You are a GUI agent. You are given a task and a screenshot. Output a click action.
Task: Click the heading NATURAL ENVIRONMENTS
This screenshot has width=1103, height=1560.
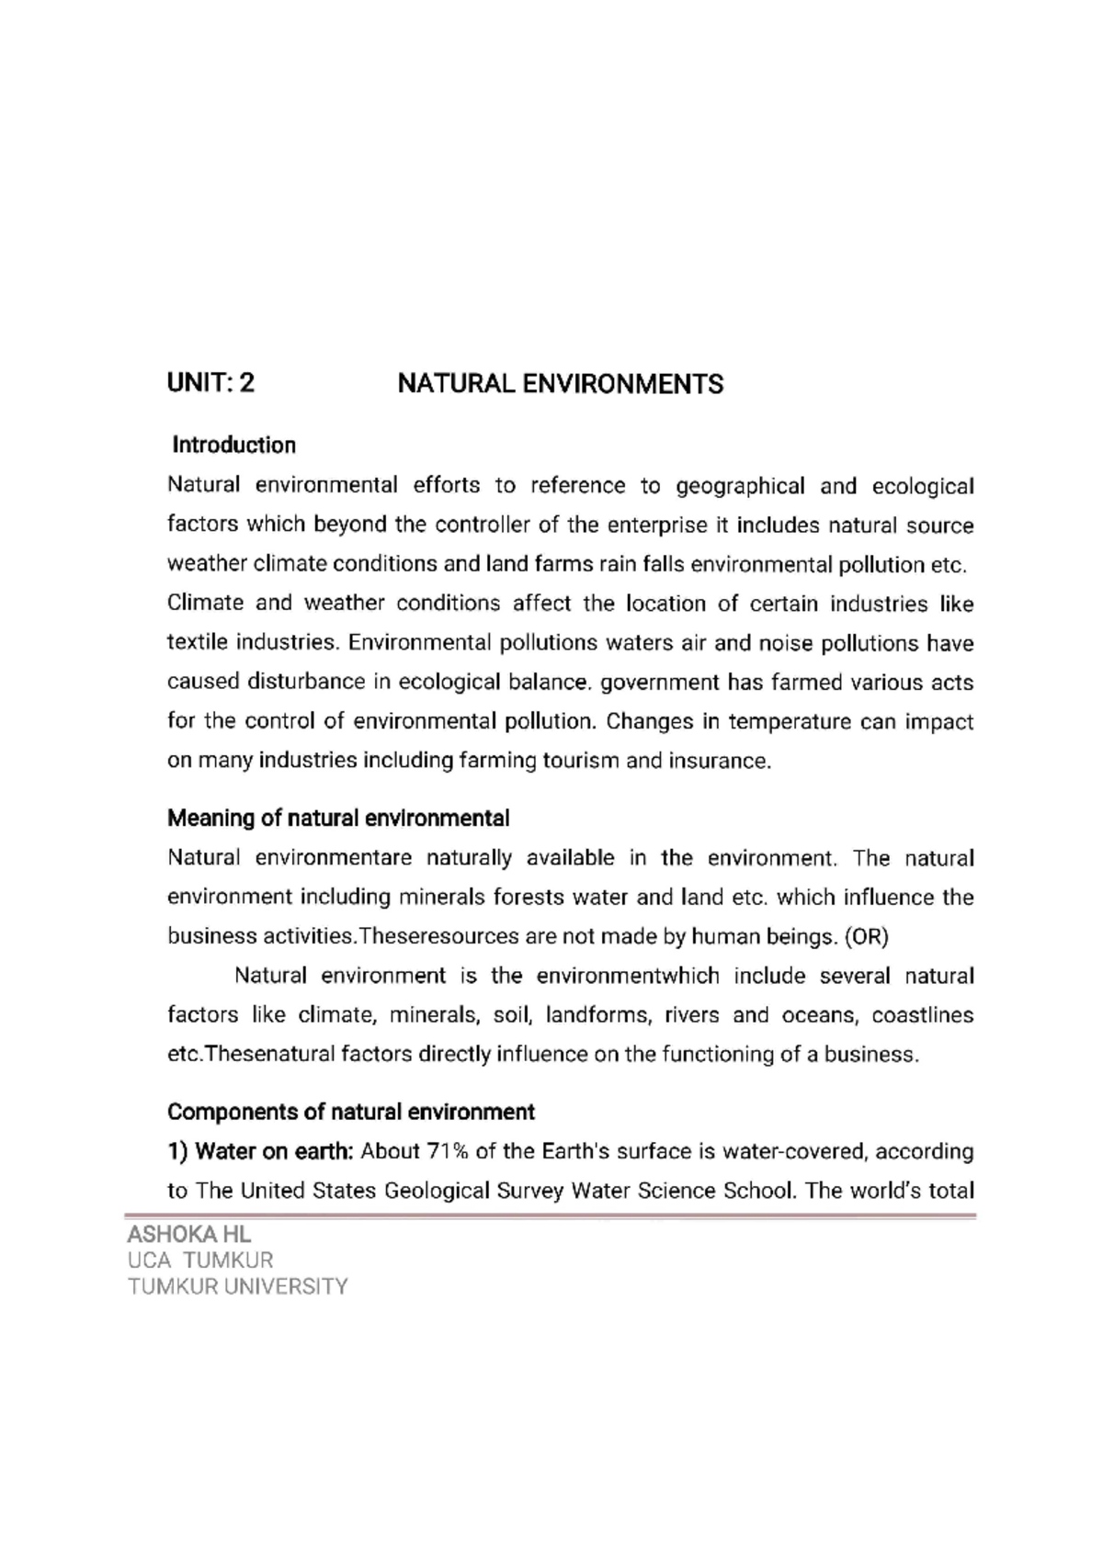(x=560, y=384)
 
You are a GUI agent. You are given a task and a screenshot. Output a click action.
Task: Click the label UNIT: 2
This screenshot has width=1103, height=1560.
(x=210, y=384)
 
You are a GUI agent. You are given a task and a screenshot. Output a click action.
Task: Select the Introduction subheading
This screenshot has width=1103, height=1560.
(x=234, y=446)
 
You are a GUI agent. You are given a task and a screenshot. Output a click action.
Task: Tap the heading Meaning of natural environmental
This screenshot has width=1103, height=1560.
(x=337, y=818)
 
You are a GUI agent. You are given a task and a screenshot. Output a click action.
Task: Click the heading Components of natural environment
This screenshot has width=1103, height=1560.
(x=350, y=1113)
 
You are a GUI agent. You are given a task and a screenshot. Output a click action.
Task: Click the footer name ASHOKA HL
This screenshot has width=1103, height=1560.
(x=188, y=1234)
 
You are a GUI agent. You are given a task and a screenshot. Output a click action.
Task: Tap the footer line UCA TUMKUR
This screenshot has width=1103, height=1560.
(x=200, y=1260)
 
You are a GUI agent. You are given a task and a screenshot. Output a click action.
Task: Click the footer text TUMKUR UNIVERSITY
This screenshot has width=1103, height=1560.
(x=238, y=1286)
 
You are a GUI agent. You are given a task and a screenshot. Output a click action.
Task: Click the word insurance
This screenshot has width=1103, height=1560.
(x=722, y=762)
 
